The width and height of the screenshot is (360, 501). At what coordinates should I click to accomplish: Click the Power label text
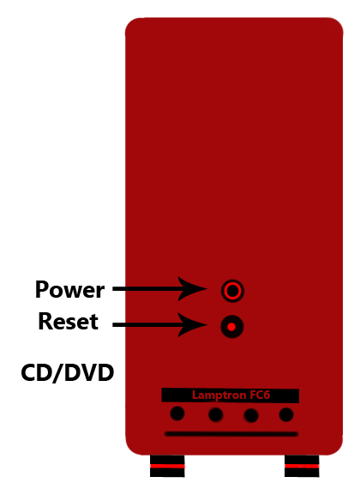[69, 289]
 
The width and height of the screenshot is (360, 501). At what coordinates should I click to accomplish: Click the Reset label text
[68, 321]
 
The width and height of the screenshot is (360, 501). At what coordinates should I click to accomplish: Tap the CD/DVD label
[68, 372]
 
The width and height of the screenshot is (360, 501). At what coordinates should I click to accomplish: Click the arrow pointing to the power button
[160, 289]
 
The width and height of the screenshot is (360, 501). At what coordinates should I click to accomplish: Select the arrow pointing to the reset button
[160, 325]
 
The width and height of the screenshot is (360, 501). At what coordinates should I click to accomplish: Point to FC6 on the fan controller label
[260, 395]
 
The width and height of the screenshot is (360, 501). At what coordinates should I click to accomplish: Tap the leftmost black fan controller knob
[177, 413]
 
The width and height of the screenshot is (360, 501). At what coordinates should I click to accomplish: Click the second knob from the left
[216, 415]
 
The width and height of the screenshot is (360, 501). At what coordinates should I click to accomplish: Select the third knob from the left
[251, 415]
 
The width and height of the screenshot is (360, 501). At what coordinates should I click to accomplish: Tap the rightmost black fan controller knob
[286, 414]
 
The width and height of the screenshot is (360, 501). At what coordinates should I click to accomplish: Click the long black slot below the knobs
[231, 434]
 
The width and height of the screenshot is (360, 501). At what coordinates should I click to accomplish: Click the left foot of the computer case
[167, 466]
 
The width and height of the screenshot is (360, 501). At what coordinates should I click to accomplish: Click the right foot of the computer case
[302, 466]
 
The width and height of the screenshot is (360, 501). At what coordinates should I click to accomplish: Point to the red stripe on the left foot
[167, 466]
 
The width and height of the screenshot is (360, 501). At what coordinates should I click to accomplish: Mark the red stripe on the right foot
[302, 466]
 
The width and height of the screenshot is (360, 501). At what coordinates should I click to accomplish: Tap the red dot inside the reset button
[231, 327]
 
